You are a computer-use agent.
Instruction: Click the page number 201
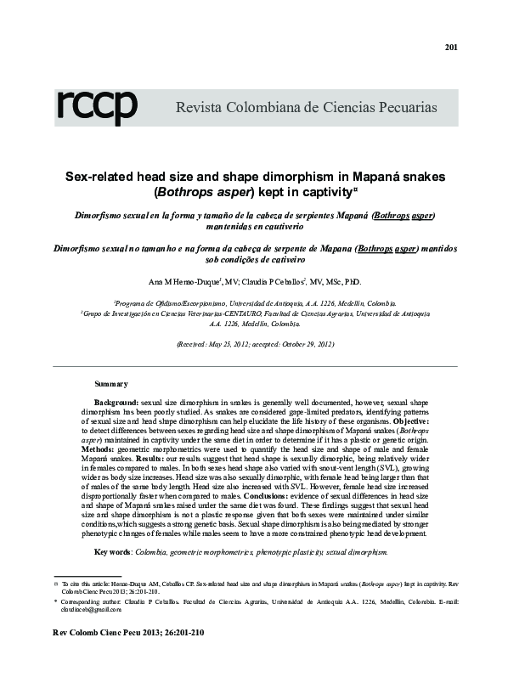pos(451,47)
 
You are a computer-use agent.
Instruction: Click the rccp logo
pos(97,107)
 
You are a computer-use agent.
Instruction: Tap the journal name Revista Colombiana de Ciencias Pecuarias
pos(306,109)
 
